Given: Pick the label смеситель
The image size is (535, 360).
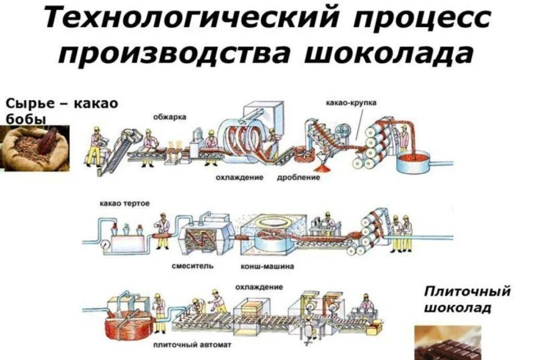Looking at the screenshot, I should pos(193,266).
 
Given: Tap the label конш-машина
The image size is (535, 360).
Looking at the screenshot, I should pos(267,266).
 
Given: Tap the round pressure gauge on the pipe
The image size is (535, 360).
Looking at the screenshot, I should pos(106,243).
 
